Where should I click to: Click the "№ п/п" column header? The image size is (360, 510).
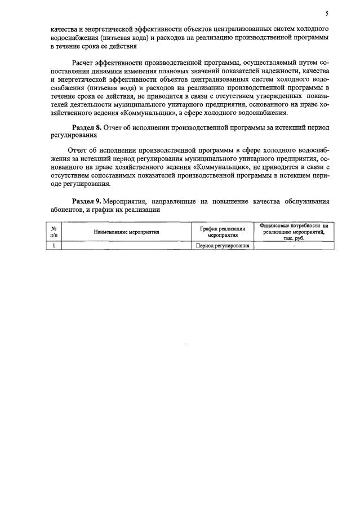pos(54,232)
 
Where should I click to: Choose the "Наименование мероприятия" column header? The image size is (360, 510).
pos(126,232)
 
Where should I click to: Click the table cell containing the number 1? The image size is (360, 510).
pos(54,246)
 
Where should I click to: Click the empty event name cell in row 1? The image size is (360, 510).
pos(126,246)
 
